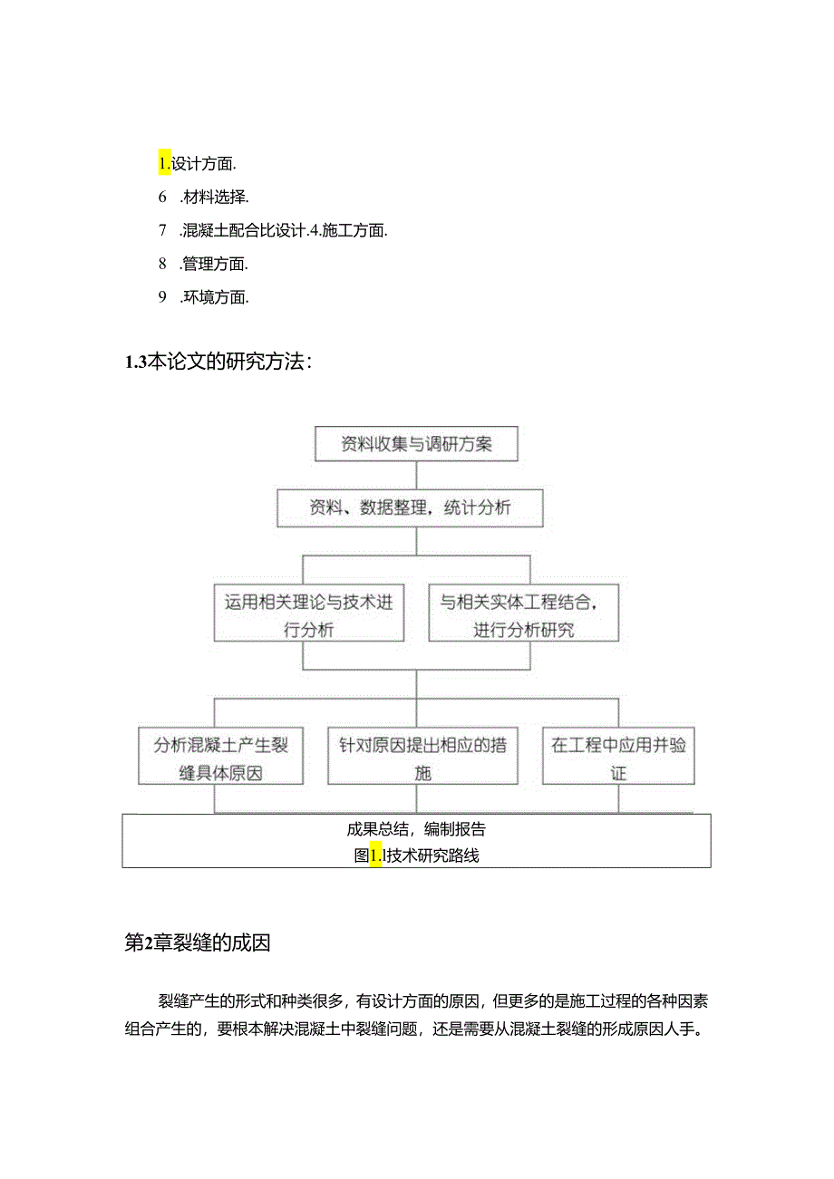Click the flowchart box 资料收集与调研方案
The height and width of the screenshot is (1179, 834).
(416, 444)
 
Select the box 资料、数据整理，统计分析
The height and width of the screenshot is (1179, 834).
(410, 507)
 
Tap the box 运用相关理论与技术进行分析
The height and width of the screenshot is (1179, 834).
(309, 614)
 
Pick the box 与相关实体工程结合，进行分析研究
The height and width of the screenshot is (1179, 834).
(523, 614)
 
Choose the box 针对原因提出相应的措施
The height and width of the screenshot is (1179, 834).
(422, 758)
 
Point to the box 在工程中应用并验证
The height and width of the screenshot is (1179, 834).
(618, 758)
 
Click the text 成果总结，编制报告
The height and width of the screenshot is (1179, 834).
(416, 828)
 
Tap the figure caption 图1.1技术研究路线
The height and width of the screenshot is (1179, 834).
(416, 855)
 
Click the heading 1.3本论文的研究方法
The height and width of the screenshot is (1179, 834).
(218, 362)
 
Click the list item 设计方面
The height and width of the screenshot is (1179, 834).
(204, 164)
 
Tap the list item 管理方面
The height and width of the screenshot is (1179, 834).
(214, 264)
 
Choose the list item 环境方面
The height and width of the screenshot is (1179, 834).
(214, 296)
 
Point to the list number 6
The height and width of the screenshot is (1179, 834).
(162, 197)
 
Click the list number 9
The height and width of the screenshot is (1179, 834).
(162, 296)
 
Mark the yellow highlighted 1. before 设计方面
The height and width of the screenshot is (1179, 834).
(164, 164)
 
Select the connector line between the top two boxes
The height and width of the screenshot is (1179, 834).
(416, 476)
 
